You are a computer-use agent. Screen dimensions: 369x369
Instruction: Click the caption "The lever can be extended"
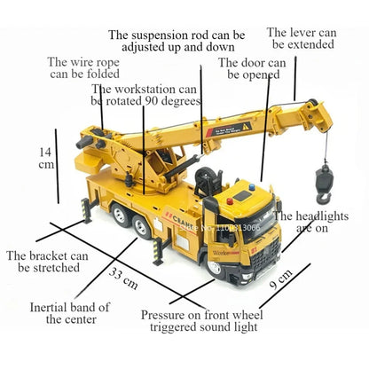(302, 38)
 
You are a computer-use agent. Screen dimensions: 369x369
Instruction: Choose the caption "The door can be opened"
(251, 69)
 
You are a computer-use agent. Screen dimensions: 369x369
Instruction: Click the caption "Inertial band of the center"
(70, 313)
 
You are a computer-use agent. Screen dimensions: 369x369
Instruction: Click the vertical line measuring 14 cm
(57, 165)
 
